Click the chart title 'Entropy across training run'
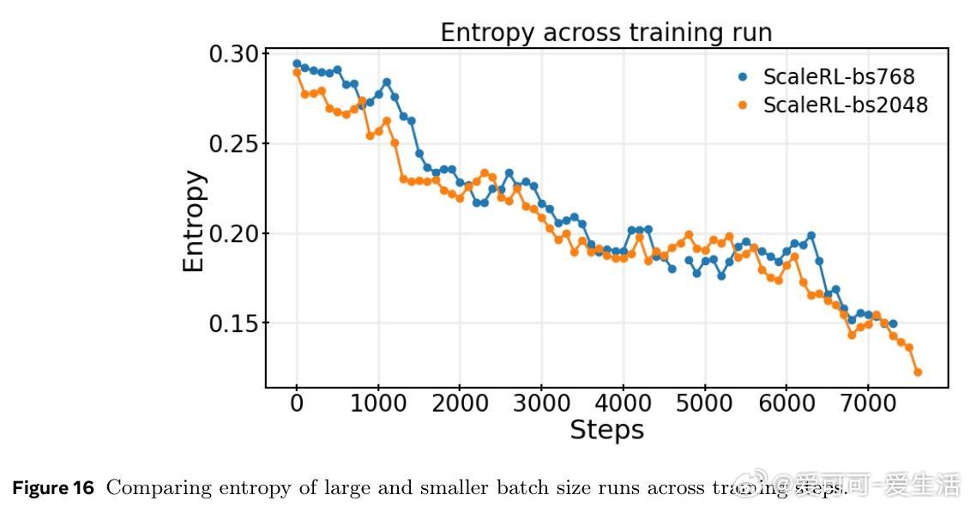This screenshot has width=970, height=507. [605, 33]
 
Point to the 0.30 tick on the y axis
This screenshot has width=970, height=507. [233, 54]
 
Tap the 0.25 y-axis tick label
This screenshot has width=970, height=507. [233, 143]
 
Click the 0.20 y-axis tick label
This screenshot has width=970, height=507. [233, 233]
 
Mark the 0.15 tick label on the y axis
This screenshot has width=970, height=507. [233, 323]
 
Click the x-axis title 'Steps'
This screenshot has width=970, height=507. [606, 430]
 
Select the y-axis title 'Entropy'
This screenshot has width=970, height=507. [195, 221]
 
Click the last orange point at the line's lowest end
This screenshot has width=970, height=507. [918, 372]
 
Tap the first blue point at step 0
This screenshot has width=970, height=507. [297, 63]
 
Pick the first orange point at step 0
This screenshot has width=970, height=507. [297, 73]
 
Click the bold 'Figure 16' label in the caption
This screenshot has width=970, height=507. [52, 488]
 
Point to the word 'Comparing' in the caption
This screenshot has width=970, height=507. [150, 489]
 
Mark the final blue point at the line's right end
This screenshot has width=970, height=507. [893, 324]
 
